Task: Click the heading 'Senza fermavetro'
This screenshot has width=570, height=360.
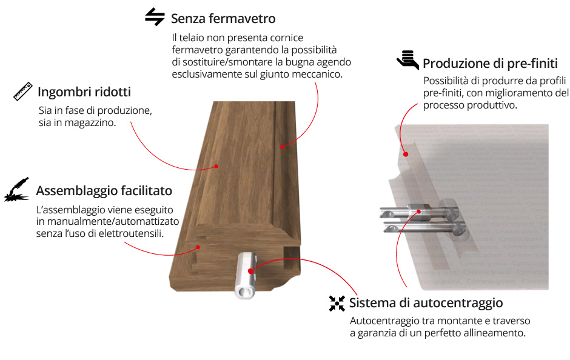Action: (x=223, y=19)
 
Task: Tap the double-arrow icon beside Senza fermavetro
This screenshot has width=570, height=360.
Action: (x=155, y=17)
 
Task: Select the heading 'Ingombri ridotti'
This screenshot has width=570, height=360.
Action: (x=84, y=92)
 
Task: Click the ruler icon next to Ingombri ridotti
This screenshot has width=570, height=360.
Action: (x=23, y=91)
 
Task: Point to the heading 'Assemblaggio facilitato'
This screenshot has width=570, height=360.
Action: (x=104, y=191)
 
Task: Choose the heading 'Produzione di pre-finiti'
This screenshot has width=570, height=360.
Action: (x=490, y=64)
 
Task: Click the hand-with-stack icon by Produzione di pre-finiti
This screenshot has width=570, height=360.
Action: (x=407, y=60)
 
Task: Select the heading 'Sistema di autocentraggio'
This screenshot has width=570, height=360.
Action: (x=426, y=302)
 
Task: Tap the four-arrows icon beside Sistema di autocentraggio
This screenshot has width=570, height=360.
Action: (x=337, y=303)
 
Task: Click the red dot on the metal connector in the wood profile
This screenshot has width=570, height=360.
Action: (x=250, y=271)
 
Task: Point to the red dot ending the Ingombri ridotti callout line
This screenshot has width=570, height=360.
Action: (x=216, y=167)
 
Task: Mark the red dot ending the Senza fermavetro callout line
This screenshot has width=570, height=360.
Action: (x=282, y=147)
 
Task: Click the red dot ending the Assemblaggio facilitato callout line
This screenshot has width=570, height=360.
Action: (x=198, y=247)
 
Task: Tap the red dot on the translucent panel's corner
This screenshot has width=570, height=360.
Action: (x=406, y=155)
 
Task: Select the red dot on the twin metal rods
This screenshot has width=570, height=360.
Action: (x=419, y=212)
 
